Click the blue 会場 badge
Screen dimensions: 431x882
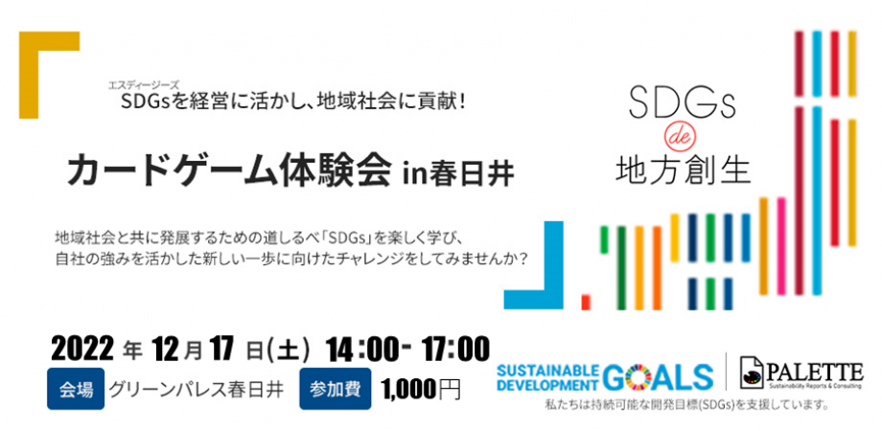coord(76,389)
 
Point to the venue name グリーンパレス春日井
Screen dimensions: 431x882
coord(196,390)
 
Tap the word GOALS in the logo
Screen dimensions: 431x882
coord(660,374)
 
